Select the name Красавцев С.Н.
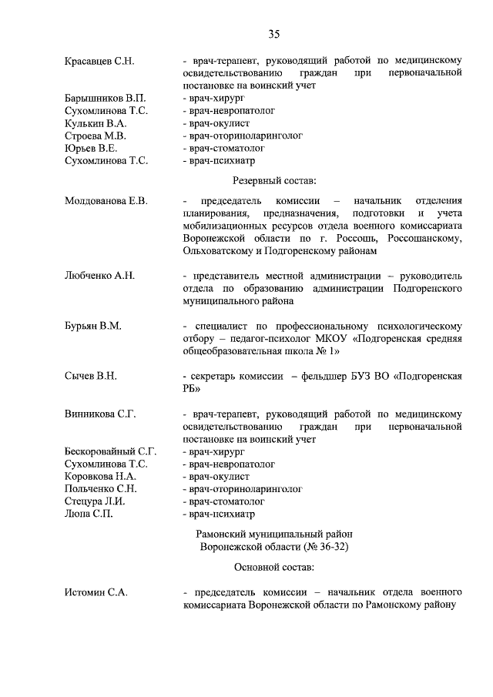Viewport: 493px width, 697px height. point(99,60)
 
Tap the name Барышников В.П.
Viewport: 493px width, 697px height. point(105,99)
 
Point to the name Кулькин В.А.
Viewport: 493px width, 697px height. point(96,123)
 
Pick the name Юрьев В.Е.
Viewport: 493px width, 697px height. point(91,148)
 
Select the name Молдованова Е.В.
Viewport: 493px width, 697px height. point(106,201)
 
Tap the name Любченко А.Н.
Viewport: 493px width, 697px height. point(99,275)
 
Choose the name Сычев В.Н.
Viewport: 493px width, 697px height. point(91,376)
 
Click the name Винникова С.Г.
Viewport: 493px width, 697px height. point(100,414)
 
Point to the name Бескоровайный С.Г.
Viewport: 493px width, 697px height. point(111,451)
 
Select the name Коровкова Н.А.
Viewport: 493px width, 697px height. point(100,476)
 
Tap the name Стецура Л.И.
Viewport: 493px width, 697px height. point(96,501)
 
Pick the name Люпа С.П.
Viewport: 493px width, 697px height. point(89,513)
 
